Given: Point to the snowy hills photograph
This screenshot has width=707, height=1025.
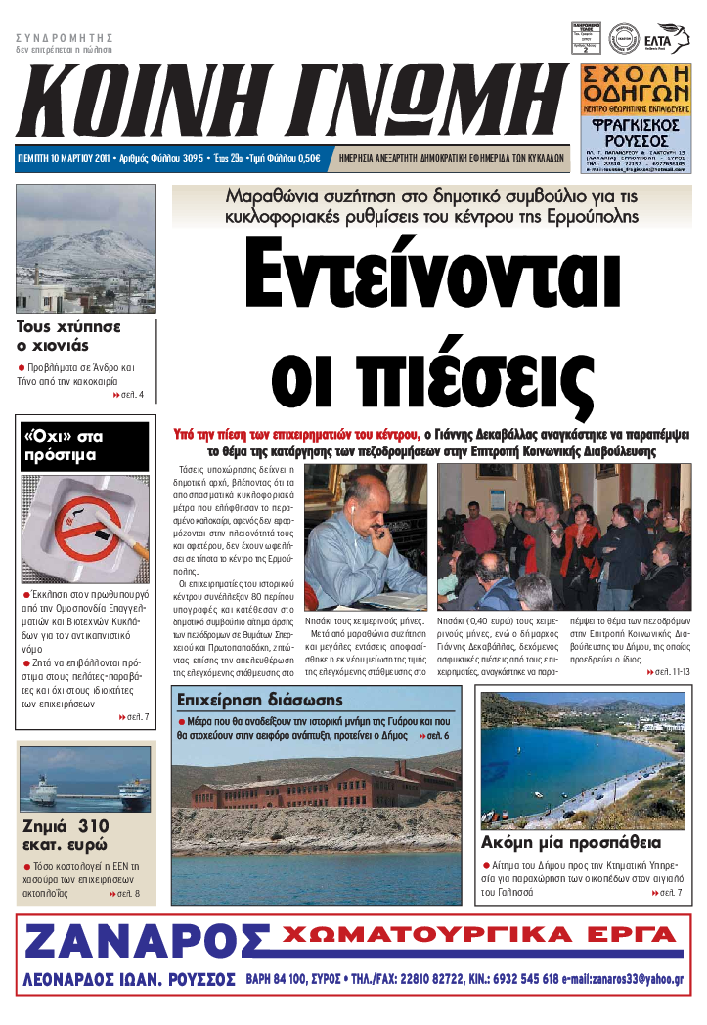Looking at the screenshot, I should pyautogui.click(x=86, y=248).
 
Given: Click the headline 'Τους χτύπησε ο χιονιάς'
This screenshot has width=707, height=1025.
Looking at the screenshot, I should pyautogui.click(x=68, y=335).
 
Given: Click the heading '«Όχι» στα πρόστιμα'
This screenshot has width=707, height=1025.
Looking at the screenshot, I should pyautogui.click(x=63, y=446).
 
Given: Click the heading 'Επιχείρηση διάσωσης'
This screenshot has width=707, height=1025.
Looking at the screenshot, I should pyautogui.click(x=259, y=700).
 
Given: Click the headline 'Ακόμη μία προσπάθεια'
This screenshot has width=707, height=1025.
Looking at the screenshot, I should pyautogui.click(x=571, y=842).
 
